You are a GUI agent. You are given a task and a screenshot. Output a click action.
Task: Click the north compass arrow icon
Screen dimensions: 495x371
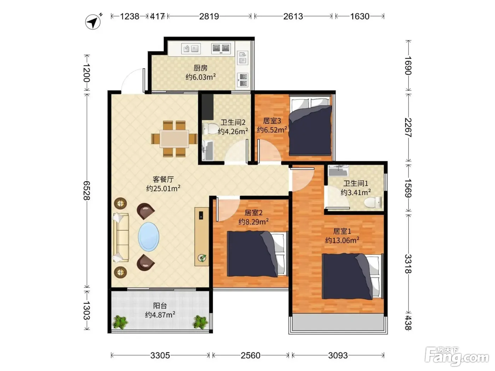coord(93,22)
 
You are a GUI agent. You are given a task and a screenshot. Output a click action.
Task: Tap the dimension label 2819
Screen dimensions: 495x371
coord(209,17)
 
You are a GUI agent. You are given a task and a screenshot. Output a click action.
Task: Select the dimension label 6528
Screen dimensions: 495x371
coord(87,190)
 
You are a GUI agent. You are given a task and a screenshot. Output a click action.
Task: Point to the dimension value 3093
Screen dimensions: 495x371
coord(338,355)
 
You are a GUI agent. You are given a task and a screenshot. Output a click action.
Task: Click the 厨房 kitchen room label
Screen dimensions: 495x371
coord(200,68)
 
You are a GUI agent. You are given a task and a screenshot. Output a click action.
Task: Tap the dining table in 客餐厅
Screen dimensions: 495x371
coord(174,139)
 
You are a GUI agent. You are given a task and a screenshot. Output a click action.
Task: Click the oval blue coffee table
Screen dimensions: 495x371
coord(148,237)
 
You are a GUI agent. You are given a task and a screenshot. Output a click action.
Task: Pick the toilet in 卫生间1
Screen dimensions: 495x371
coord(373,202)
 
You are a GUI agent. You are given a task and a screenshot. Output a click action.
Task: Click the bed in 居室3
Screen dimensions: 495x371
coord(310,126)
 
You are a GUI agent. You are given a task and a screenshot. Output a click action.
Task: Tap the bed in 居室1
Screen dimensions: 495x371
coord(353,276)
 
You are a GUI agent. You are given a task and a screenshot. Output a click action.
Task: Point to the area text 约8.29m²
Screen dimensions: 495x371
coord(253,222)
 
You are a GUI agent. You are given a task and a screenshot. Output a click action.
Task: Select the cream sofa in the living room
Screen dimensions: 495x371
coord(121,238)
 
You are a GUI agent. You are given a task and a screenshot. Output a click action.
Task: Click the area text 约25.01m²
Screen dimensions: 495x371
coord(163,188)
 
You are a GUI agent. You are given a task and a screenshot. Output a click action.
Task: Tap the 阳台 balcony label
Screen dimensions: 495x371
coord(160,306)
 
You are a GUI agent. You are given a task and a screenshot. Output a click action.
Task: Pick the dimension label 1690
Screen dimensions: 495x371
coord(408,66)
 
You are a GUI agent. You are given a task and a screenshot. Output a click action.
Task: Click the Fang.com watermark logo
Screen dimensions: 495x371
coord(457,357)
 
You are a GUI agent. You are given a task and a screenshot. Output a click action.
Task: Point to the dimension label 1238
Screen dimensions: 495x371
coord(129,17)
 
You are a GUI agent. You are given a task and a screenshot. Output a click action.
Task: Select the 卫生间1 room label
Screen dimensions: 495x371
coord(355,183)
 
